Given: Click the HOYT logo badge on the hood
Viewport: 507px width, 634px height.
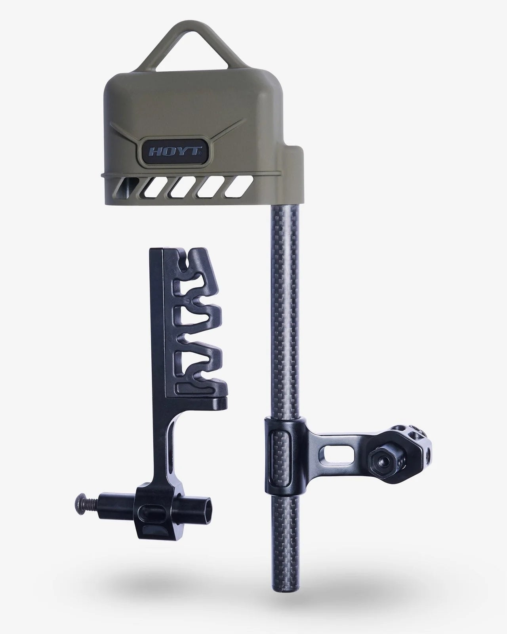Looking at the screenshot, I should point(174,151).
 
